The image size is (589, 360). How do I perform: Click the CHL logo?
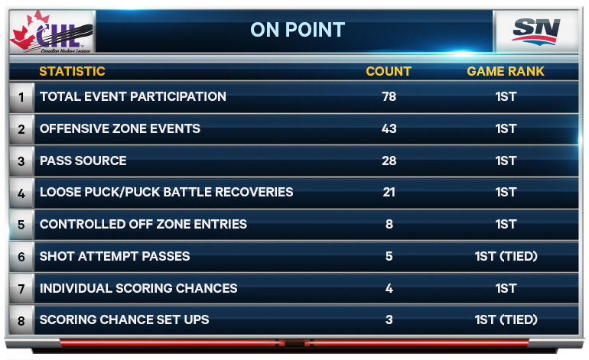tap(52, 32)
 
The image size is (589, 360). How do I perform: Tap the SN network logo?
tap(536, 31)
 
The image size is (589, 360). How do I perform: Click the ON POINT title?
tap(298, 30)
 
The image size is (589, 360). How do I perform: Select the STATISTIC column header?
tap(72, 71)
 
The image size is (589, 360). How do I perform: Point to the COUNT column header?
tap(389, 71)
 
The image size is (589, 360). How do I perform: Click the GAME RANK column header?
tap(506, 71)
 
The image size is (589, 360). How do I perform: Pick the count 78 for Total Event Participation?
tap(389, 96)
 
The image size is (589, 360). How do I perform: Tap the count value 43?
tap(389, 128)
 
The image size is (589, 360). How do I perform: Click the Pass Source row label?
tap(83, 161)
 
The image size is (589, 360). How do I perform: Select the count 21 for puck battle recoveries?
tap(389, 192)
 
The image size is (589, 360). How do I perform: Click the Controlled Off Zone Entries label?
tap(143, 224)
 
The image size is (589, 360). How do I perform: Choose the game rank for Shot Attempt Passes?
tap(506, 256)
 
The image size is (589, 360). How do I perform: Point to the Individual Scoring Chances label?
tap(138, 288)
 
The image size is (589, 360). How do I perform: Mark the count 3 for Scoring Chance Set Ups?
tap(389, 319)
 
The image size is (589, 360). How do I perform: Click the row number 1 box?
tap(21, 97)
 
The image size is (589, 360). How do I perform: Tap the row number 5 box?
tap(21, 225)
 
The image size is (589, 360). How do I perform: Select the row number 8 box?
tap(21, 320)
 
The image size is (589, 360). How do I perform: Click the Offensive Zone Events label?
tap(120, 128)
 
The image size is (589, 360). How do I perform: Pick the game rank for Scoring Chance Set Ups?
tap(506, 319)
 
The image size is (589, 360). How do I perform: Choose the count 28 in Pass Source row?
tap(389, 161)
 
